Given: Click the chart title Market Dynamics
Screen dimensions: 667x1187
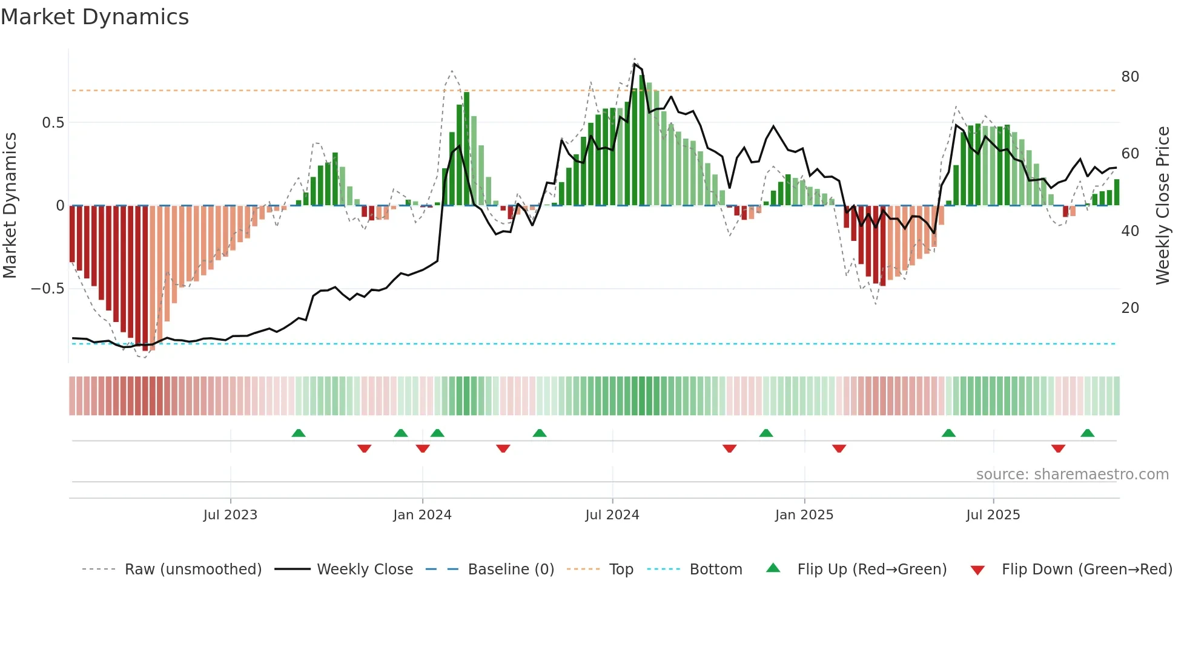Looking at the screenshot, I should pyautogui.click(x=94, y=17).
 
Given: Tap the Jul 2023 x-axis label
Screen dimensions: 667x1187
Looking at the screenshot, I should pyautogui.click(x=230, y=515).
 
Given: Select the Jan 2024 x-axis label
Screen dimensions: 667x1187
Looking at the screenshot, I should pyautogui.click(x=422, y=515).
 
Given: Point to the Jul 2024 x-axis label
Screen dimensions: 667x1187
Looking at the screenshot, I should pyautogui.click(x=612, y=515).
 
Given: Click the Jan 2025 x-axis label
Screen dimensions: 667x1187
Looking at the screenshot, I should pyautogui.click(x=804, y=515).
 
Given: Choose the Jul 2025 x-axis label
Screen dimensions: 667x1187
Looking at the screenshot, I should pyautogui.click(x=993, y=515).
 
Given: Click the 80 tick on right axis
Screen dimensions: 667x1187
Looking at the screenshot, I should pyautogui.click(x=1130, y=77).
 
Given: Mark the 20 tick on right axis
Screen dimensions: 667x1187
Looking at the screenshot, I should pyautogui.click(x=1130, y=308).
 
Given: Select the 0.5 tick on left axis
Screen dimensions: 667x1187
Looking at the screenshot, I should pyautogui.click(x=53, y=123).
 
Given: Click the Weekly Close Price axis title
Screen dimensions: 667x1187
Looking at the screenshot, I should pyautogui.click(x=1163, y=206).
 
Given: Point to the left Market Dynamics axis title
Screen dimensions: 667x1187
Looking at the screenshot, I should pyautogui.click(x=10, y=206).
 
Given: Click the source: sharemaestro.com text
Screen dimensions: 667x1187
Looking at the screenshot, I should pyautogui.click(x=1072, y=475).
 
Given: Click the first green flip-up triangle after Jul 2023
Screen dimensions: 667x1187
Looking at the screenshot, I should pyautogui.click(x=299, y=433).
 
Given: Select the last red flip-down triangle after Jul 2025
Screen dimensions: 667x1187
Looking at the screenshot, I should pyautogui.click(x=1058, y=448).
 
